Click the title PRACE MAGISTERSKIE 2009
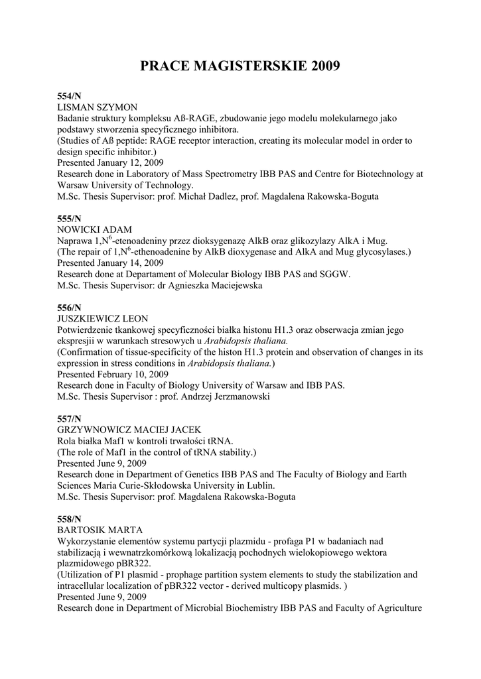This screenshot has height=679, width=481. tap(240, 66)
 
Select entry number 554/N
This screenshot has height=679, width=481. tap(69, 96)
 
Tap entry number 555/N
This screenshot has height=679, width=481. tap(69, 218)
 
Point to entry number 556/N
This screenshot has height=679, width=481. tap(69, 308)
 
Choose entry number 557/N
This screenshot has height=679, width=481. tap(69, 418)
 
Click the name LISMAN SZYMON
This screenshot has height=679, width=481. tap(97, 107)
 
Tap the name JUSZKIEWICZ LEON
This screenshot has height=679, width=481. tap(102, 319)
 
